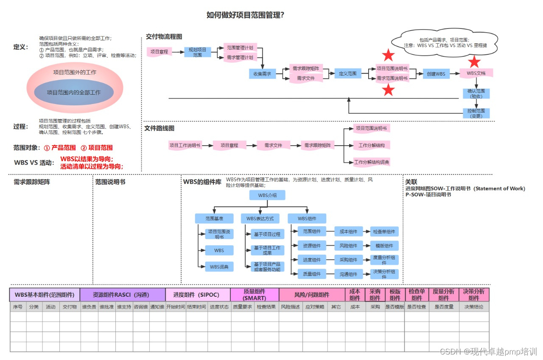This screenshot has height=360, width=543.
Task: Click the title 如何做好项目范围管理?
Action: tap(245, 15)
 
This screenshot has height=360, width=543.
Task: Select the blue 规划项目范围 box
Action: tap(197, 52)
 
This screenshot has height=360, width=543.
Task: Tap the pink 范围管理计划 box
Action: tap(240, 48)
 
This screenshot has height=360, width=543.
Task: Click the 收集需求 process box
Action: tap(262, 74)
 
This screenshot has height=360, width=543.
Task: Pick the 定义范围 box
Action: tap(347, 73)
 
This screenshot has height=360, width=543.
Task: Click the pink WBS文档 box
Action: tap(476, 73)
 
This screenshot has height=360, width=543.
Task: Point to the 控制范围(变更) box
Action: tap(476, 113)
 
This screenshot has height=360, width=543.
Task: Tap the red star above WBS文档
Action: tap(474, 62)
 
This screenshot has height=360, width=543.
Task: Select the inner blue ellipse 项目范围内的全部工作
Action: tap(74, 92)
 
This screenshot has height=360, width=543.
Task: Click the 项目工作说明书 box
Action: tap(185, 145)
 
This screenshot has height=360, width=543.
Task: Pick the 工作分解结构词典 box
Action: tap(372, 162)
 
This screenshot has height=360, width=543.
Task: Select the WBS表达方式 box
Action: tap(260, 219)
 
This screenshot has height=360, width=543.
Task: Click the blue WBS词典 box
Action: tap(219, 267)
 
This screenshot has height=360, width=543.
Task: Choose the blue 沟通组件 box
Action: tap(348, 274)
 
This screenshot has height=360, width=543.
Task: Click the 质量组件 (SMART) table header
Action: tap(255, 295)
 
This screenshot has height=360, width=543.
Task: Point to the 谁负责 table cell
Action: tap(89, 307)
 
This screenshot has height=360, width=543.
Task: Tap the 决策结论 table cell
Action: tap(474, 307)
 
